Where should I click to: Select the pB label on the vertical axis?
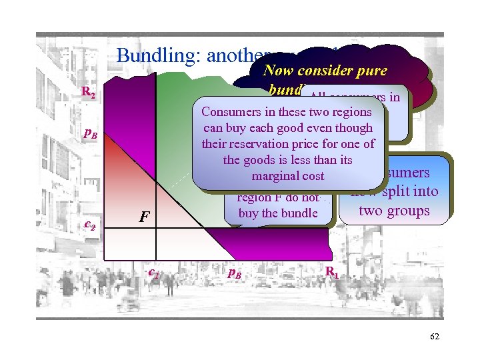(x=91, y=135)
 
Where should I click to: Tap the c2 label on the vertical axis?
(x=90, y=225)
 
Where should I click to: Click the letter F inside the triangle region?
(x=143, y=217)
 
